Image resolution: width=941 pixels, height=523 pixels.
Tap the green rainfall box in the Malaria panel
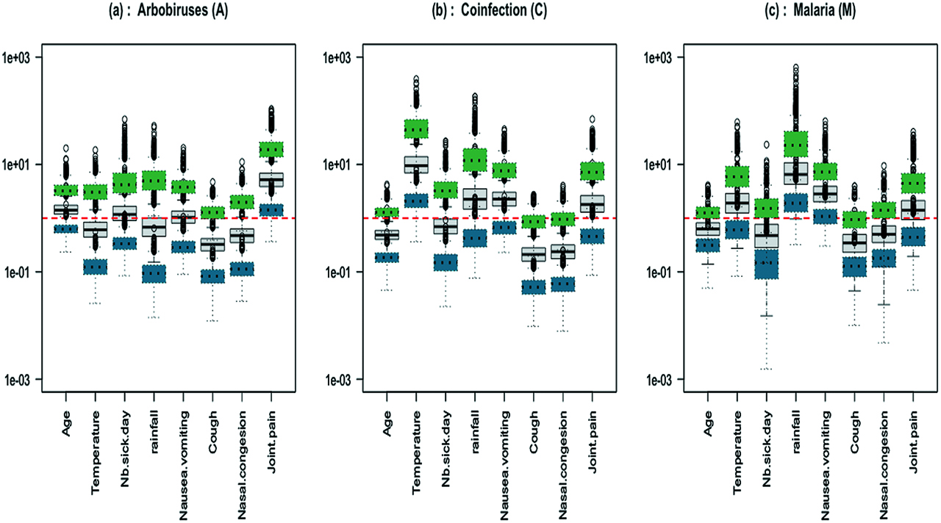(795, 144)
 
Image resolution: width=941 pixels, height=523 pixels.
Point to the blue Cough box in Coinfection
(533, 287)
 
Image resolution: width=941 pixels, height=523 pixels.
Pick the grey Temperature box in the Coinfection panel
(415, 165)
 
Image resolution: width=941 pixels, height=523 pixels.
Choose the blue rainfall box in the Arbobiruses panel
(154, 273)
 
